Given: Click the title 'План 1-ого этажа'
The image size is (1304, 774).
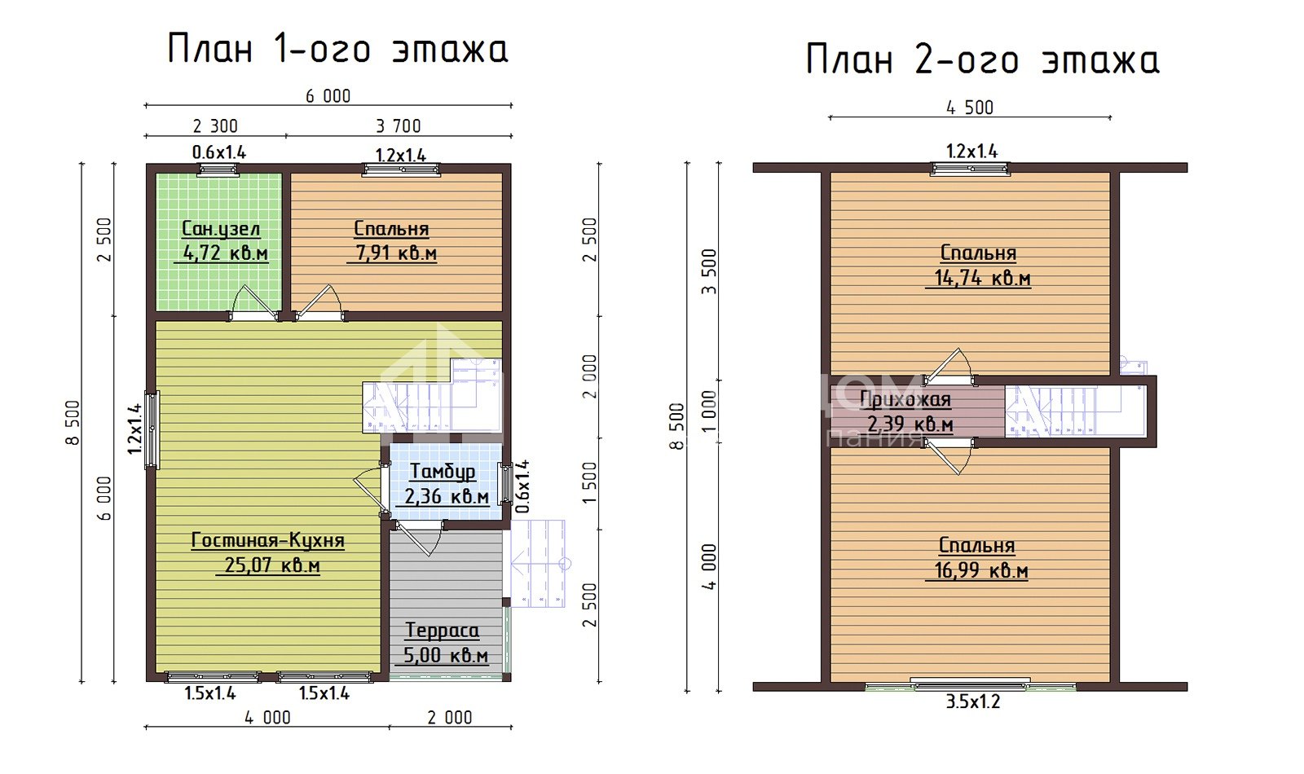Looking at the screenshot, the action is click(x=337, y=50).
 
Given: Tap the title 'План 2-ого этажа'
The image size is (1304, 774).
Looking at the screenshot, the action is click(x=983, y=60).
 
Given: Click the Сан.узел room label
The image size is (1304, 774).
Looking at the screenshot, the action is click(x=221, y=229).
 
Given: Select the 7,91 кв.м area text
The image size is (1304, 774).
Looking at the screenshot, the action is click(x=396, y=253).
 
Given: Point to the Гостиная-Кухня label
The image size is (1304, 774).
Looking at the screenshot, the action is click(x=268, y=541).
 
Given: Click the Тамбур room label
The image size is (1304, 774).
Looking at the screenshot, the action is click(x=443, y=472).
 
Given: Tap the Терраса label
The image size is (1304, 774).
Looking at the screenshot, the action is click(x=443, y=631).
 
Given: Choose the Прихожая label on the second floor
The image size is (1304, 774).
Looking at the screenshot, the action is click(x=905, y=400).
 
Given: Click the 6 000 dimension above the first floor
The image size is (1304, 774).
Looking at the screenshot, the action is click(x=328, y=96).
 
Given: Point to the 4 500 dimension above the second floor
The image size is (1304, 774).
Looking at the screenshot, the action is click(x=970, y=108).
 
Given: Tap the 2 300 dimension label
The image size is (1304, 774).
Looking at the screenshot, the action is click(x=215, y=126).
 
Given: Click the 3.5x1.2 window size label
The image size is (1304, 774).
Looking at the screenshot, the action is click(x=973, y=701).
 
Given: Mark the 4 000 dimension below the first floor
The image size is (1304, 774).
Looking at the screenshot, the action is click(x=267, y=718).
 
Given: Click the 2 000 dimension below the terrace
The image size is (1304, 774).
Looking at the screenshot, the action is click(x=449, y=718).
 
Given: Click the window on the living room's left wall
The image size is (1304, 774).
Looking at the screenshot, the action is click(x=152, y=429).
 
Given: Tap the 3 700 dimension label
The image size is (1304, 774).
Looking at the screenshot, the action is click(x=399, y=126).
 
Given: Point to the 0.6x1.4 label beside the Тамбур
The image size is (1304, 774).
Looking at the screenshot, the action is click(x=522, y=486).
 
